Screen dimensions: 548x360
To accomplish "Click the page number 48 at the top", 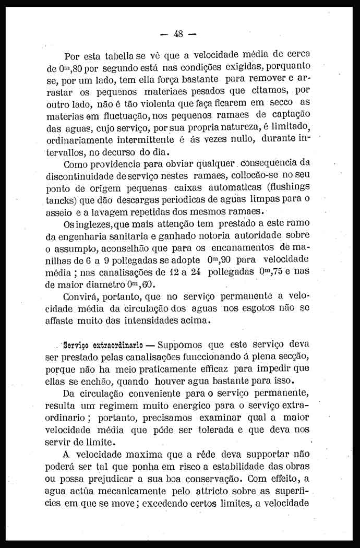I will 178,34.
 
